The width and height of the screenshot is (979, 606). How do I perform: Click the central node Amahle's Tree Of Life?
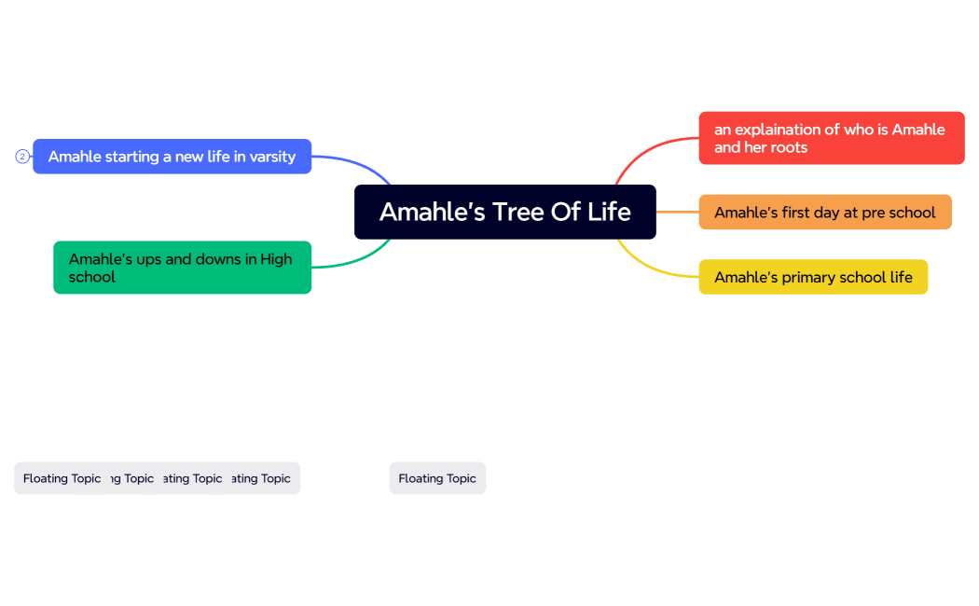[x=504, y=212]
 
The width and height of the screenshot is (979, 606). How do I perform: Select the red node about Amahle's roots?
[x=831, y=138]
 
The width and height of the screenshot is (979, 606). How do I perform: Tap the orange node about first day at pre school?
[x=824, y=213]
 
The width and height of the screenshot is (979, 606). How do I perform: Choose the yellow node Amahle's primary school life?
[x=813, y=277]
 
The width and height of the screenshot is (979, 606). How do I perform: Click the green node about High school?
[x=182, y=268]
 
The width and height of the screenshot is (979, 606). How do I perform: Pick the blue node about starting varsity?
[x=172, y=157]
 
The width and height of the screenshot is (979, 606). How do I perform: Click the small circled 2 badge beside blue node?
[x=22, y=157]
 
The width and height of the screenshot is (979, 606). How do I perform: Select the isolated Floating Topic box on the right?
[x=437, y=478]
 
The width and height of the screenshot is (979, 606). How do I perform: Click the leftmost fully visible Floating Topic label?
[x=62, y=478]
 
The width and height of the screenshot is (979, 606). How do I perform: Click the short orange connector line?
[x=677, y=213]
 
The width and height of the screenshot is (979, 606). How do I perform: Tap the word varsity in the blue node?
[x=272, y=157]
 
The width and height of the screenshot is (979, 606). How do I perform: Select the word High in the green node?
[x=276, y=259]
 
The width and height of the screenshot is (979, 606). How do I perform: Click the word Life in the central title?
[x=610, y=212]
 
